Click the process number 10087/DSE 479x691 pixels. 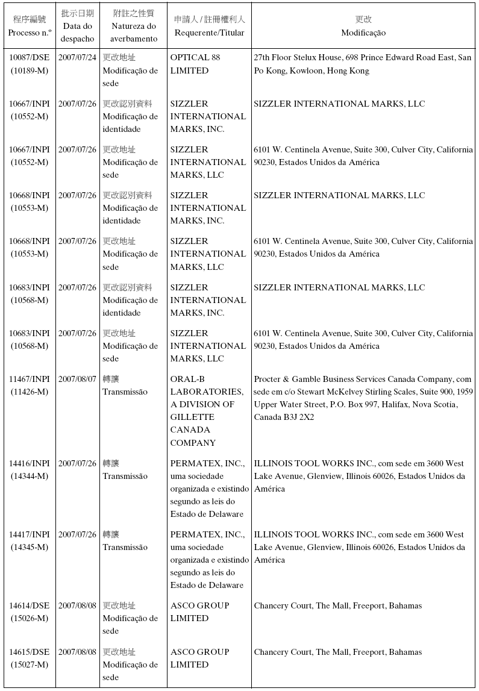coord(29,58)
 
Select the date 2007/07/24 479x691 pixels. coord(77,58)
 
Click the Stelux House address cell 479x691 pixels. coord(362,64)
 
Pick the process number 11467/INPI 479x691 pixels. coord(29,379)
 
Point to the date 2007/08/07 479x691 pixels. coord(77,379)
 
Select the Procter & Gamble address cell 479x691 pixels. coord(363,398)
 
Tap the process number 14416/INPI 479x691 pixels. coord(29,463)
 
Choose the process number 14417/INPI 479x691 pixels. coord(29,534)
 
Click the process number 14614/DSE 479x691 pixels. coord(29,605)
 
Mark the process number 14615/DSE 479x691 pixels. coord(29,652)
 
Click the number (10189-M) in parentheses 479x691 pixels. coord(29,70)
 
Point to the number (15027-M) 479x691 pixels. coord(29,664)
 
